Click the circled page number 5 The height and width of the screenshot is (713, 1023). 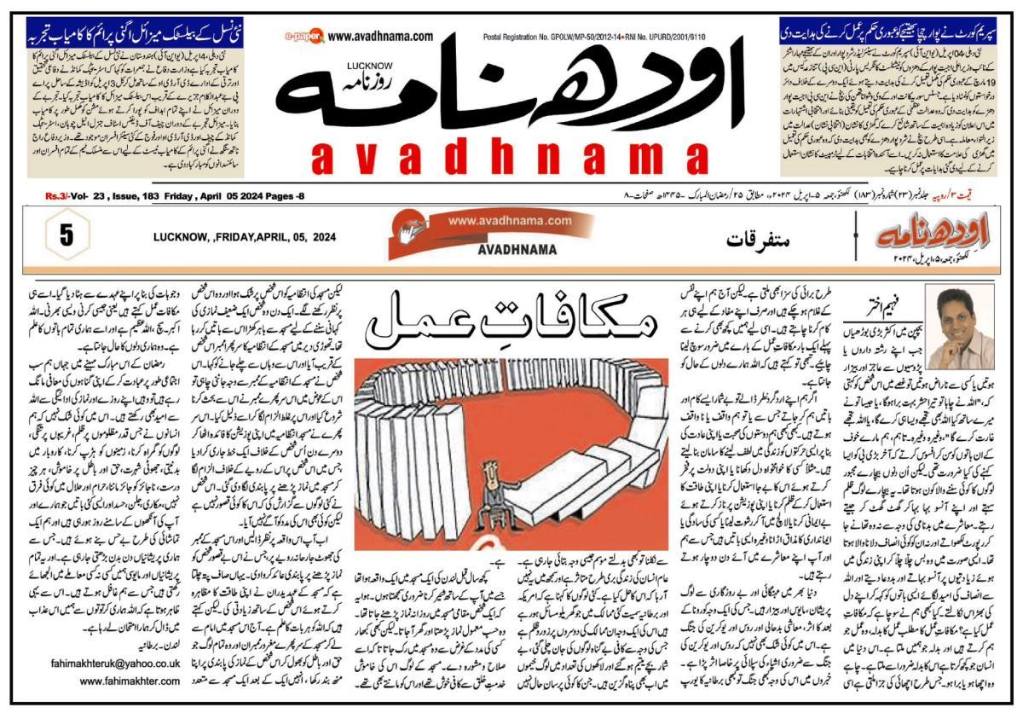point(66,236)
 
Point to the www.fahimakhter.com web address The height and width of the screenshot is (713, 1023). point(129,681)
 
